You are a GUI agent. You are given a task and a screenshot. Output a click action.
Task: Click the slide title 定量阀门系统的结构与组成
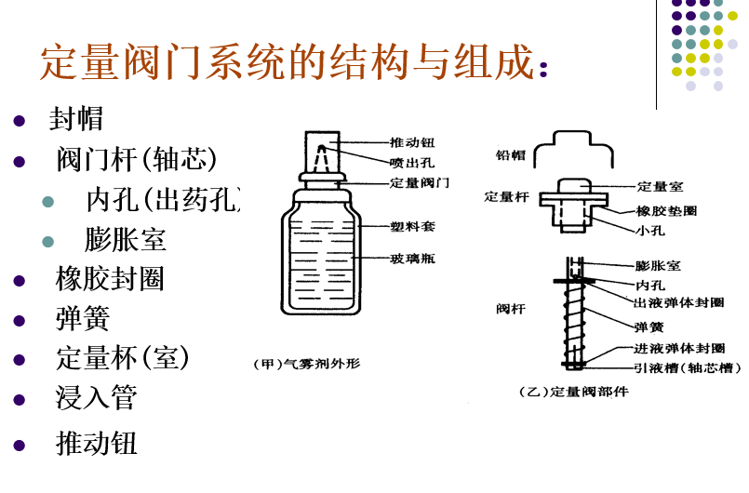click(x=288, y=61)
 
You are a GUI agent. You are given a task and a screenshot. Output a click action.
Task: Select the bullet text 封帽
click(x=76, y=119)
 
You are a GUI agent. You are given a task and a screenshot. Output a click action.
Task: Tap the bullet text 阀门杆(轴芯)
click(x=136, y=160)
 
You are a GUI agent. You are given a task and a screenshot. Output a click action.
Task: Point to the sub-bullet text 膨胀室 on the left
click(x=126, y=239)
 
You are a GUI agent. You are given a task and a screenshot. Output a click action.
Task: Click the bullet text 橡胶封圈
click(x=110, y=279)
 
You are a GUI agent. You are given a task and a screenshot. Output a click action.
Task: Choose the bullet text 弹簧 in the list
click(x=83, y=318)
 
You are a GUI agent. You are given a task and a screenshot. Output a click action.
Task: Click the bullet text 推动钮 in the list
click(x=97, y=443)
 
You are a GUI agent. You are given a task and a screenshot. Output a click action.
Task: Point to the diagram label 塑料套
click(x=412, y=226)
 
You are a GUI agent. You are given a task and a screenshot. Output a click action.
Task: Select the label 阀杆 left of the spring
click(x=510, y=306)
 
